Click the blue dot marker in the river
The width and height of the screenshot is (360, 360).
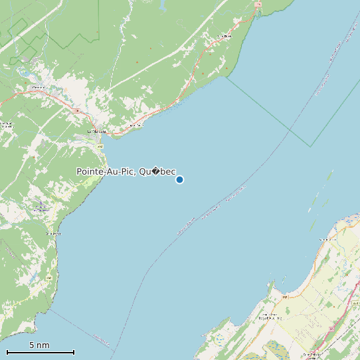[179, 179]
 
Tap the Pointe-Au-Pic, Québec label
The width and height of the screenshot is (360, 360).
[126, 171]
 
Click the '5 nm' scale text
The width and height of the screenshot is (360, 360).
[39, 345]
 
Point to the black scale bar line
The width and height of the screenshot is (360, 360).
[40, 352]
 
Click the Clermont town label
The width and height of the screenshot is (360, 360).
[39, 87]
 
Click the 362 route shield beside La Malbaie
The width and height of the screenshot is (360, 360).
[100, 146]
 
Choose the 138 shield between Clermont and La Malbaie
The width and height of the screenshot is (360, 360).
[76, 110]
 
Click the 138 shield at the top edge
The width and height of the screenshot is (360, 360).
[259, 5]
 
